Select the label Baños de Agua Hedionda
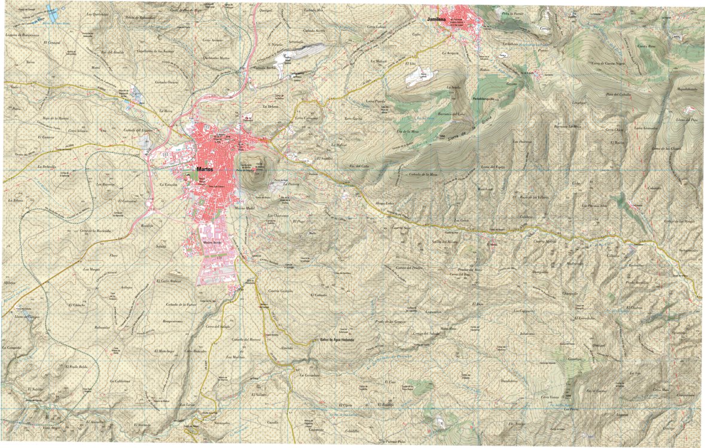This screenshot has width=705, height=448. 337,339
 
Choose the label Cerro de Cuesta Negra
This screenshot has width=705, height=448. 595,63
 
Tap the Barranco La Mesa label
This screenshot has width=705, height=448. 567,126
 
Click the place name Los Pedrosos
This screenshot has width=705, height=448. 522,142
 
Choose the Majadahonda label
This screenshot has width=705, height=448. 687,89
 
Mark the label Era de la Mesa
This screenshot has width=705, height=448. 407,130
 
